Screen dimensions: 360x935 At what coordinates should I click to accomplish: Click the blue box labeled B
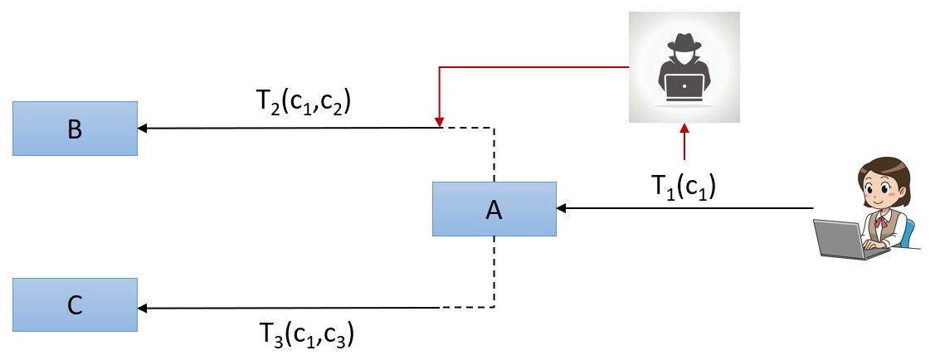tap(75, 129)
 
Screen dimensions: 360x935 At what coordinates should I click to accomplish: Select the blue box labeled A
tap(494, 209)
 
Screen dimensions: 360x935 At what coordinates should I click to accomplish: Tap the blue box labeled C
tap(75, 304)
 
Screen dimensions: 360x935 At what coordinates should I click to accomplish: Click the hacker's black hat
tap(684, 45)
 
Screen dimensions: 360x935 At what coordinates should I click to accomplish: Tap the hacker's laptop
tap(684, 85)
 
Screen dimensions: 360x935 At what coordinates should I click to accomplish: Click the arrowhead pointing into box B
tap(143, 129)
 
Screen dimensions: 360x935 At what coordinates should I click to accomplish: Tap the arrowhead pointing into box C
tap(143, 309)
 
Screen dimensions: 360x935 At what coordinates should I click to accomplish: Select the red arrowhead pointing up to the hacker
tap(684, 129)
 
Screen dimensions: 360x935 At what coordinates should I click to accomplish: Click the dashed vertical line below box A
tap(494, 274)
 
